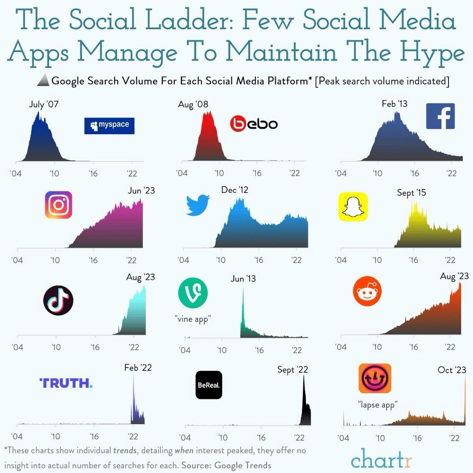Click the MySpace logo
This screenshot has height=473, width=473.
click(x=109, y=125)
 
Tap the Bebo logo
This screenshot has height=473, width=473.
click(x=254, y=124)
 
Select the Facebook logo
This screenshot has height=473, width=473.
click(x=440, y=116)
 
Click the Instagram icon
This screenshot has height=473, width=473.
click(x=59, y=205)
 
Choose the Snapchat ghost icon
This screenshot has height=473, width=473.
click(x=353, y=207)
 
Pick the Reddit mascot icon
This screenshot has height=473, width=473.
click(x=367, y=293)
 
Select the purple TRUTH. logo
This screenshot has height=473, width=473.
click(x=66, y=383)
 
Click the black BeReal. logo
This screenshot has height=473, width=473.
click(x=209, y=385)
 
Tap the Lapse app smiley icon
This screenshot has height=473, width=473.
click(x=375, y=378)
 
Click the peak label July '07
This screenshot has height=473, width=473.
click(x=44, y=104)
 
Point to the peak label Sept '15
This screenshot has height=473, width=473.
click(x=412, y=193)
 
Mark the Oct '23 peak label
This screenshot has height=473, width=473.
click(x=452, y=370)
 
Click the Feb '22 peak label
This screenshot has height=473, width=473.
click(x=138, y=367)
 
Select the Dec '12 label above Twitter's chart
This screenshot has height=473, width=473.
click(x=235, y=190)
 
